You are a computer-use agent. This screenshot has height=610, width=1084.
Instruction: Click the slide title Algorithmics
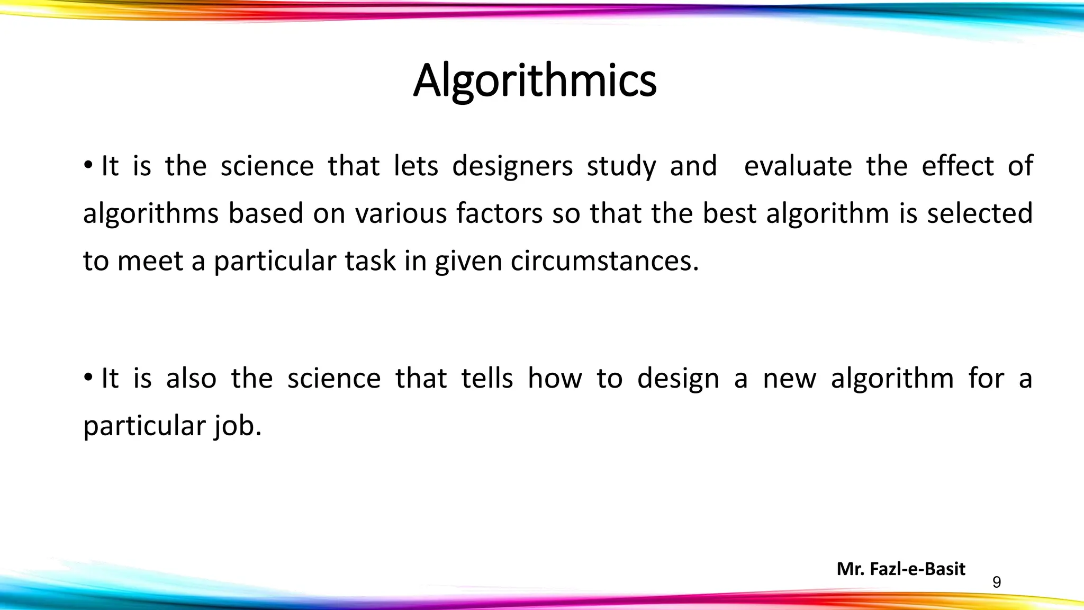pos(535,81)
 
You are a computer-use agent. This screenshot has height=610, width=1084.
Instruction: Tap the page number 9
pos(997,582)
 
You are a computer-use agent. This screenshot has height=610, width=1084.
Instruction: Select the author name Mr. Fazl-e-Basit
pos(901,569)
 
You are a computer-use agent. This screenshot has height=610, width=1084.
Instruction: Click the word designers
pos(512,166)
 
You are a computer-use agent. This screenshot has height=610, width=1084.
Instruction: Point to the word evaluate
pos(798,166)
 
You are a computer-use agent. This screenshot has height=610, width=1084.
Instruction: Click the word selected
pos(980,213)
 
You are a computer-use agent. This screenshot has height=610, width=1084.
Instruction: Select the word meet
pos(150,261)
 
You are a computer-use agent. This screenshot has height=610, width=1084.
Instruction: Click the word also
pos(191,379)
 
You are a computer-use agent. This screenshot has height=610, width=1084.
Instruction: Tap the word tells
pos(487,379)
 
